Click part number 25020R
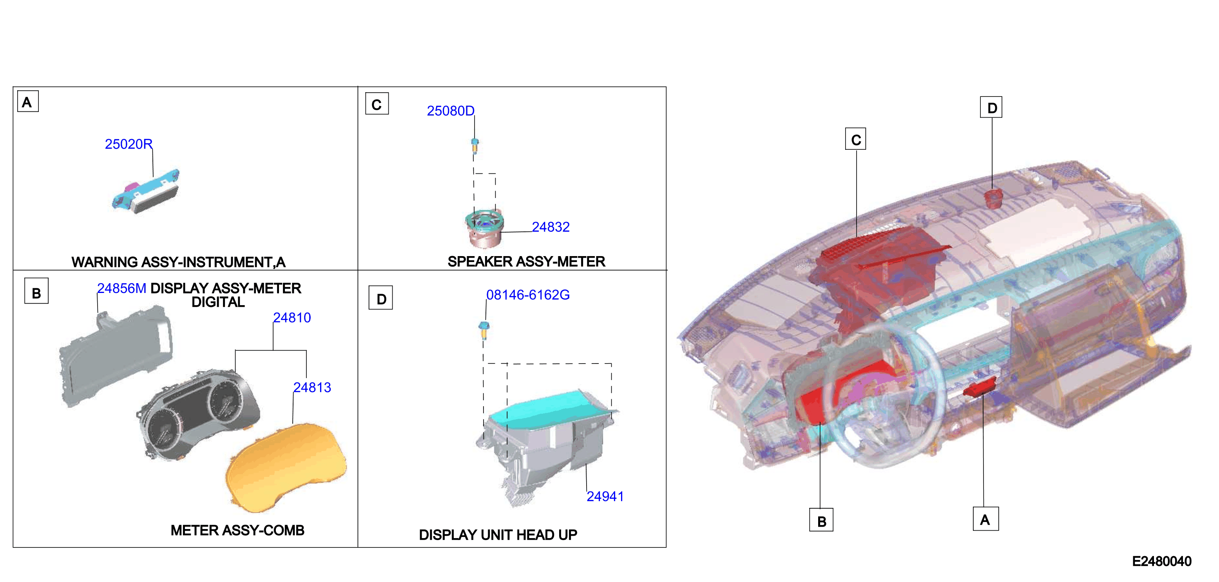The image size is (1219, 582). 128,144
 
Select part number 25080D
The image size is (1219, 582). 451,111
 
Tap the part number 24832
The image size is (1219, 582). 551,227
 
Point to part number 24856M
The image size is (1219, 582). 121,288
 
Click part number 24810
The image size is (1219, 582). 292,318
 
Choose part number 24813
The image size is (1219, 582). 312,387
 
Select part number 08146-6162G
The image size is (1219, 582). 528,295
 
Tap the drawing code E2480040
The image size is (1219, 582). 1162,562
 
